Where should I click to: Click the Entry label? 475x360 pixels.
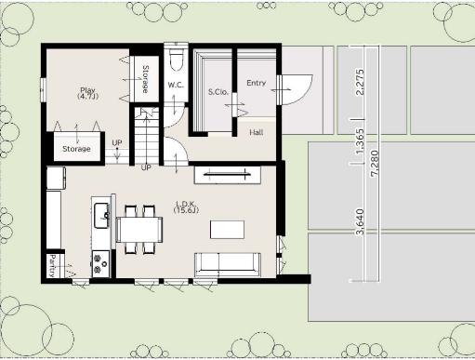[x=257, y=83]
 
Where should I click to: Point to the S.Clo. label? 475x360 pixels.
[x=218, y=92]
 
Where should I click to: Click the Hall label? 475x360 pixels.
[x=257, y=132]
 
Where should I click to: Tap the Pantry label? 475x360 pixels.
[x=52, y=266]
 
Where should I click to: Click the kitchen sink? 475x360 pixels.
[x=101, y=216]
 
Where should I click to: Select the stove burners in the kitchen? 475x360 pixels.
[x=100, y=264]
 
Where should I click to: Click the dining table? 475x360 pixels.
[x=139, y=230]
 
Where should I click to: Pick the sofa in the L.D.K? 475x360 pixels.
[x=228, y=264]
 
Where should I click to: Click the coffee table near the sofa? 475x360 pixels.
[x=227, y=230]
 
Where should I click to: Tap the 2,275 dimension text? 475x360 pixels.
[x=360, y=82]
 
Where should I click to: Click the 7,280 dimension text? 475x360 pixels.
[x=375, y=164]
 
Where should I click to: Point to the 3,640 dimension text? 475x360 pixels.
[x=360, y=222]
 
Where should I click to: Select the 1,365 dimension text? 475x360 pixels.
[x=360, y=141]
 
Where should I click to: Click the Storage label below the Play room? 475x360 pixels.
[x=76, y=149]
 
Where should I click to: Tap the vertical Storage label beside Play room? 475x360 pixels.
[x=145, y=79]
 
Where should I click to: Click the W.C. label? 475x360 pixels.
[x=176, y=85]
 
